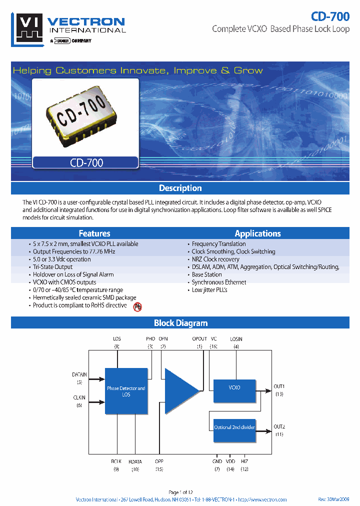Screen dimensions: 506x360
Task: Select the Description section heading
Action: tap(180, 188)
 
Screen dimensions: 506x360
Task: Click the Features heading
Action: tap(94, 233)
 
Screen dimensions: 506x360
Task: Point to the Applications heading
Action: tap(257, 233)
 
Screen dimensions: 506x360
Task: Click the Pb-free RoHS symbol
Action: tap(137, 307)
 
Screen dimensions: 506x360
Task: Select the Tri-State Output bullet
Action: tap(52, 267)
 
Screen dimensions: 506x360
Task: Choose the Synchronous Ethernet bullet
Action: tap(219, 282)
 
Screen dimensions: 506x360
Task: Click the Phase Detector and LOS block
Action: tap(126, 391)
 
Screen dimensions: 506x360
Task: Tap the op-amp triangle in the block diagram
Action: tap(180, 391)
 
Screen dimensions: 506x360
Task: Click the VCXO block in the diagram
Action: tap(234, 388)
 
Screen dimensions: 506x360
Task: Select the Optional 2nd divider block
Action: tap(234, 427)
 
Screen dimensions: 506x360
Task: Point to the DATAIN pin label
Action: tap(79, 374)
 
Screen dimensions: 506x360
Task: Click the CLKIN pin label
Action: tap(79, 398)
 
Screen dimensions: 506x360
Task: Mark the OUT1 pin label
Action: tap(279, 386)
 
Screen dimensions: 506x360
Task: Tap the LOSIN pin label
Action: tap(236, 339)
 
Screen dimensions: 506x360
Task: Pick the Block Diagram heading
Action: tap(180, 323)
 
